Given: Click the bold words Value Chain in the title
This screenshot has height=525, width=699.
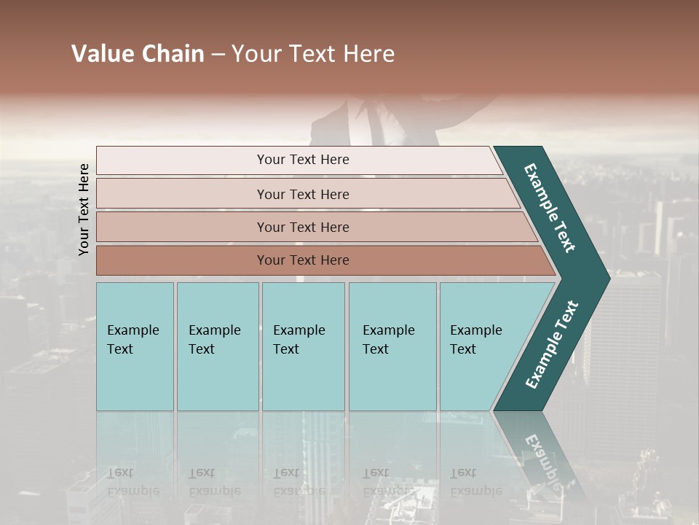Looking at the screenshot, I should pos(138,54).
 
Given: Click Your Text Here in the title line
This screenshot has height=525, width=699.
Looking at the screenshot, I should pos(313,54).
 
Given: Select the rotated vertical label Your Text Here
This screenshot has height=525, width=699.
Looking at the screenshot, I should pos(84,209).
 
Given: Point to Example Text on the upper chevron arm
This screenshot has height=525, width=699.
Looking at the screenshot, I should pos(550,208).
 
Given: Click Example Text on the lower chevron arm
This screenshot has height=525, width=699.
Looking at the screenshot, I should pos(552,345).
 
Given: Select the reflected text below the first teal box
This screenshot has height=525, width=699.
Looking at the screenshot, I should pos(133,482).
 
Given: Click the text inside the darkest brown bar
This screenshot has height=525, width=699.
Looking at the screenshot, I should pos(303,260).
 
